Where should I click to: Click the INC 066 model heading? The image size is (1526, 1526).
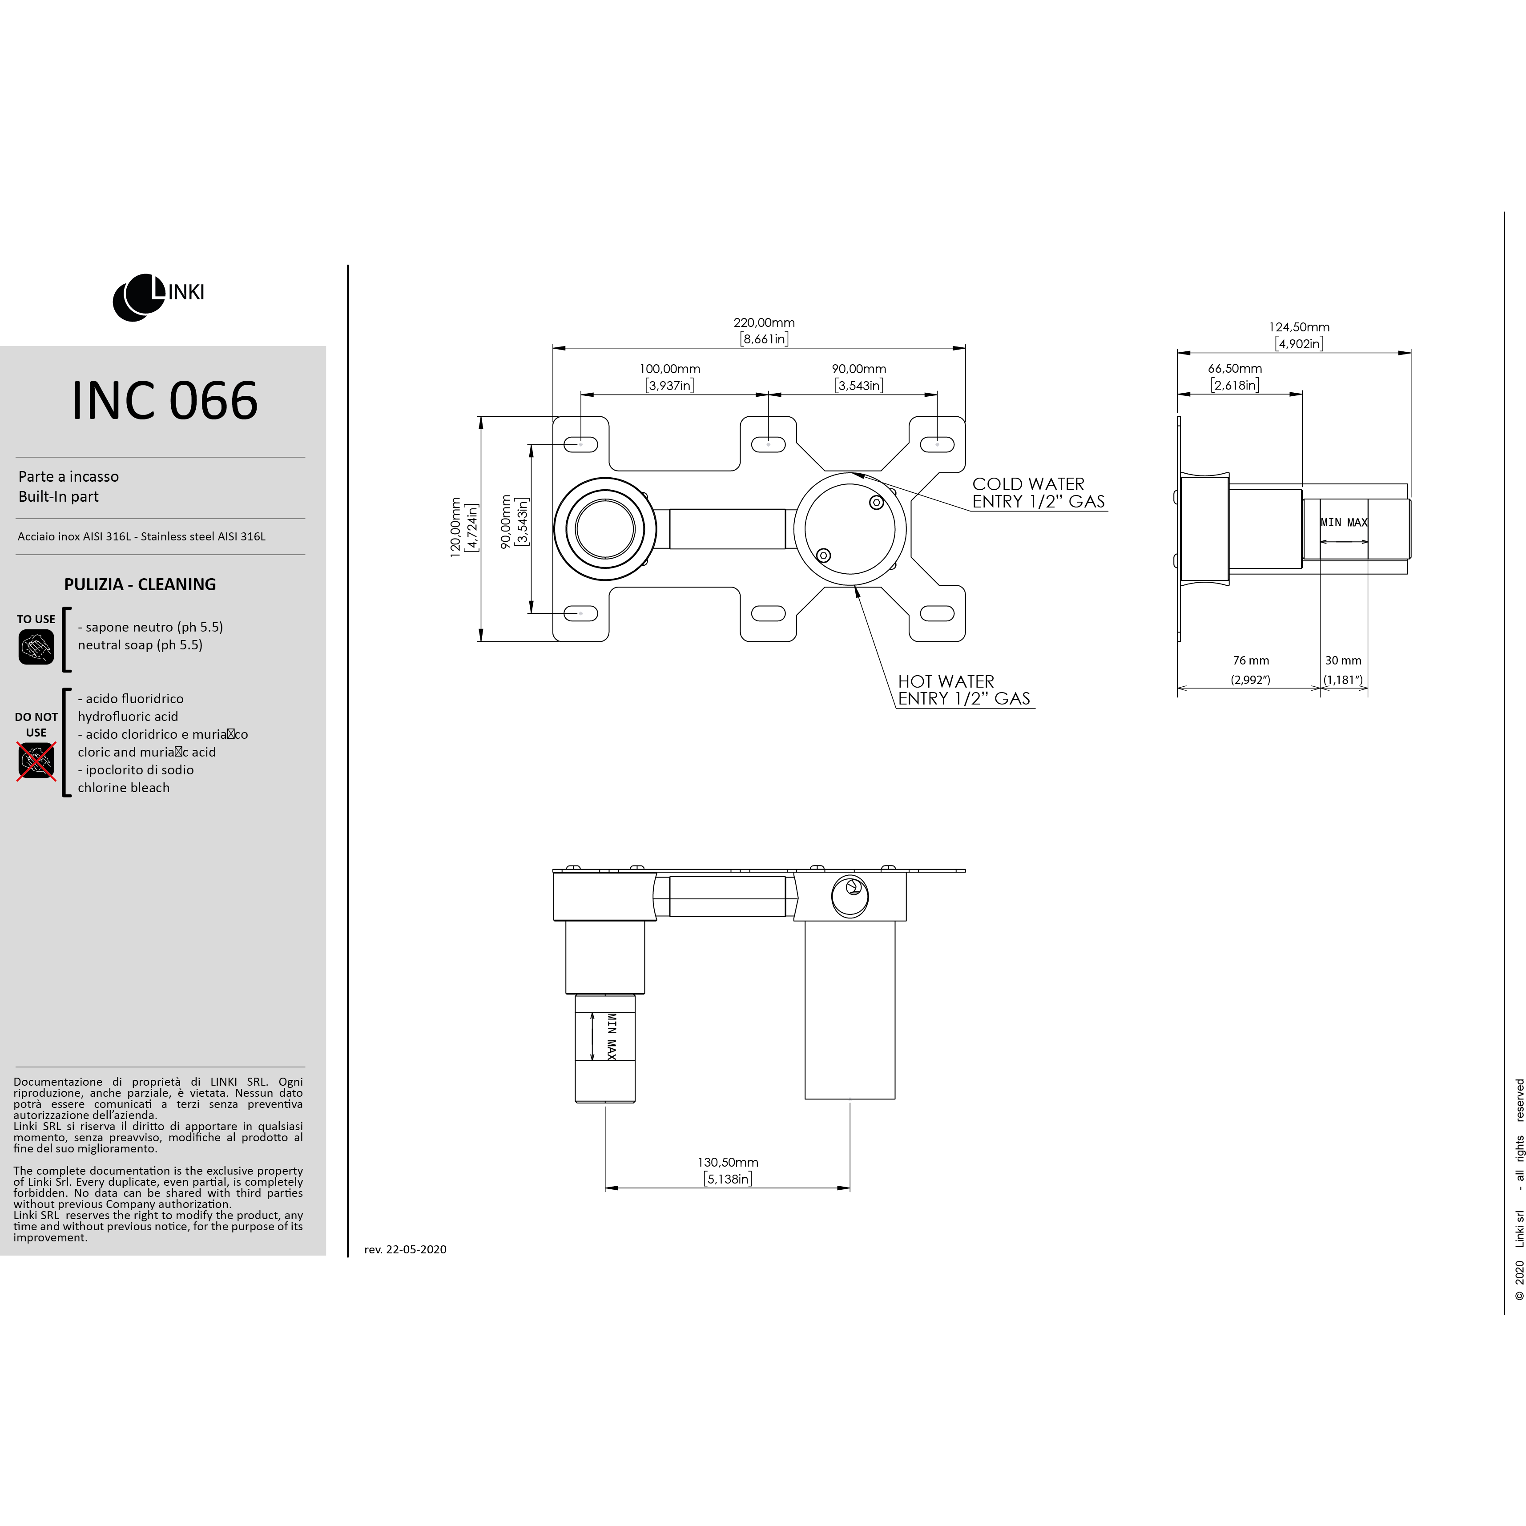tap(164, 400)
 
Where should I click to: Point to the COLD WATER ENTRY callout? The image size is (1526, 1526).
tap(1039, 493)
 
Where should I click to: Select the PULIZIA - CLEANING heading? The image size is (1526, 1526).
tap(140, 584)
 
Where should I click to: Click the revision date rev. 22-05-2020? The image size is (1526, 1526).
tap(405, 1249)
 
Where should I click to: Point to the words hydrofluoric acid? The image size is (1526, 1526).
tap(128, 717)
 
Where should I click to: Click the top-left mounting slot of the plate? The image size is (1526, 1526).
tap(581, 445)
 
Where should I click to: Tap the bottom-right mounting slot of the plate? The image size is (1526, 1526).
tap(938, 613)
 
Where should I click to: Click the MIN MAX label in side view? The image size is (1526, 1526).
tap(1344, 522)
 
